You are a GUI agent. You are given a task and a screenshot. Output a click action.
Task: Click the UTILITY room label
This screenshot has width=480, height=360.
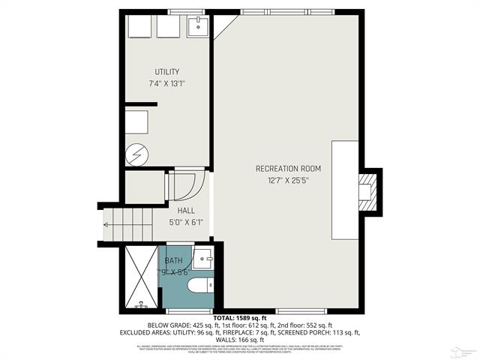pos(166,72)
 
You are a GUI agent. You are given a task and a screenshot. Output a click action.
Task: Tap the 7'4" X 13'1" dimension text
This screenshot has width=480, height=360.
pos(166,83)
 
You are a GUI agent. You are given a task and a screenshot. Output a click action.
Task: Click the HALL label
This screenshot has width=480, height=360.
pos(186,211)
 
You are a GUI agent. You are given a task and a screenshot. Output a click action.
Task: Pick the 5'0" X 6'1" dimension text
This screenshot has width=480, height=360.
pos(186,222)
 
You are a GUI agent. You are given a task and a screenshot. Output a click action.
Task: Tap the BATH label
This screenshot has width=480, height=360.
pos(174,260)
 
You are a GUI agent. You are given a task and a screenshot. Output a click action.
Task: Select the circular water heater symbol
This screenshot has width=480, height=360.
pos(138,154)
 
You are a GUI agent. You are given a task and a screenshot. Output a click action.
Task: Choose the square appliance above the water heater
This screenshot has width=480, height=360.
pos(137,121)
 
